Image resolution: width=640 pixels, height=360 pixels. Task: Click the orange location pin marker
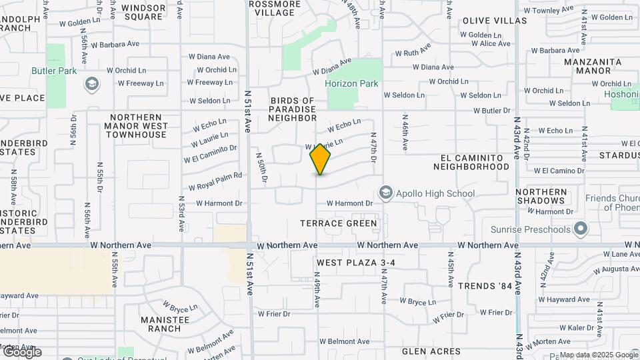tap(321, 159)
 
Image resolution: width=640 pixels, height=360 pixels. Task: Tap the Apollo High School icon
tap(385, 193)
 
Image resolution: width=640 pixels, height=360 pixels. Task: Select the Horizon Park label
tap(351, 84)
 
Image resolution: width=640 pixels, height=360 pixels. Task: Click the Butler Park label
tap(54, 71)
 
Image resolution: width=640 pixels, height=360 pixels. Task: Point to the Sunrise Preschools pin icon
tap(581, 229)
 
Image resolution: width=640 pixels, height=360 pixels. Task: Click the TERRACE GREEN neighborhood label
tap(338, 223)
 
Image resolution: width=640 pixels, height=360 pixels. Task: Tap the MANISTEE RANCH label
tap(165, 324)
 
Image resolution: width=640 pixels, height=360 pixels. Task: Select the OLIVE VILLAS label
tap(494, 21)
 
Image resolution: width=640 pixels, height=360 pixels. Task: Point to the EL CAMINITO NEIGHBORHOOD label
tap(475, 162)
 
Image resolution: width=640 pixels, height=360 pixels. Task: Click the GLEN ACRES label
tap(431, 351)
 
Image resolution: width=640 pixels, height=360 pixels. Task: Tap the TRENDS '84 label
tap(485, 285)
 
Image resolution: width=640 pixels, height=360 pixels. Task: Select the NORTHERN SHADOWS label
tap(541, 196)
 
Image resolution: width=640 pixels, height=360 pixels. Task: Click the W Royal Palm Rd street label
tap(215, 181)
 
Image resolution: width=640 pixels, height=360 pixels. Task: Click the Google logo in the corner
tap(22, 352)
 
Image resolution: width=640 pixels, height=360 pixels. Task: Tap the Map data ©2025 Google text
tap(598, 355)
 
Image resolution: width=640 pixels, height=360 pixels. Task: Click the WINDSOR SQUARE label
tap(143, 12)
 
